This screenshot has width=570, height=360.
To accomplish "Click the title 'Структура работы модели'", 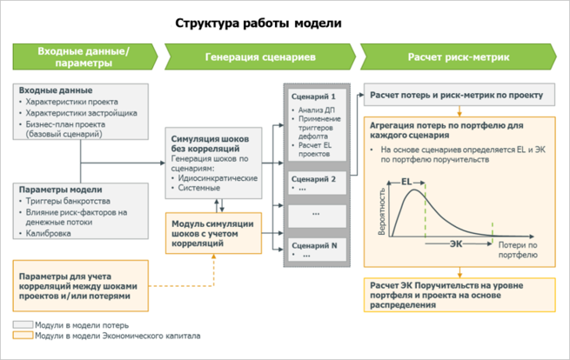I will point(258,23).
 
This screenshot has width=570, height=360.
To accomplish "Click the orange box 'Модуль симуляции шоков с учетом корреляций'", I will point(213,233).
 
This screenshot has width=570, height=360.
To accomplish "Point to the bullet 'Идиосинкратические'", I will point(218,177).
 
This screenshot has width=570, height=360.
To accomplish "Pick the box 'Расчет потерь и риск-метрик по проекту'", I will point(456,95).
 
